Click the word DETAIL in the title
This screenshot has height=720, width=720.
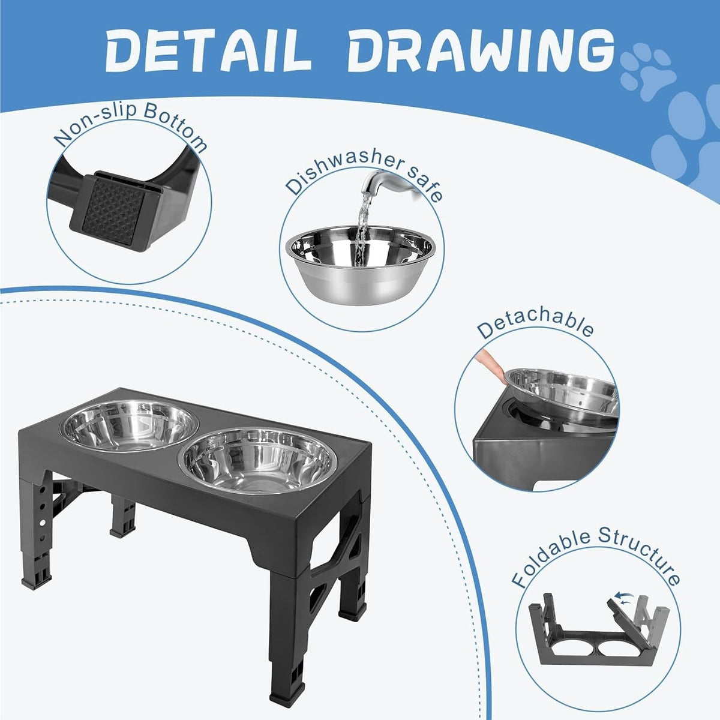coord(208,51)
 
